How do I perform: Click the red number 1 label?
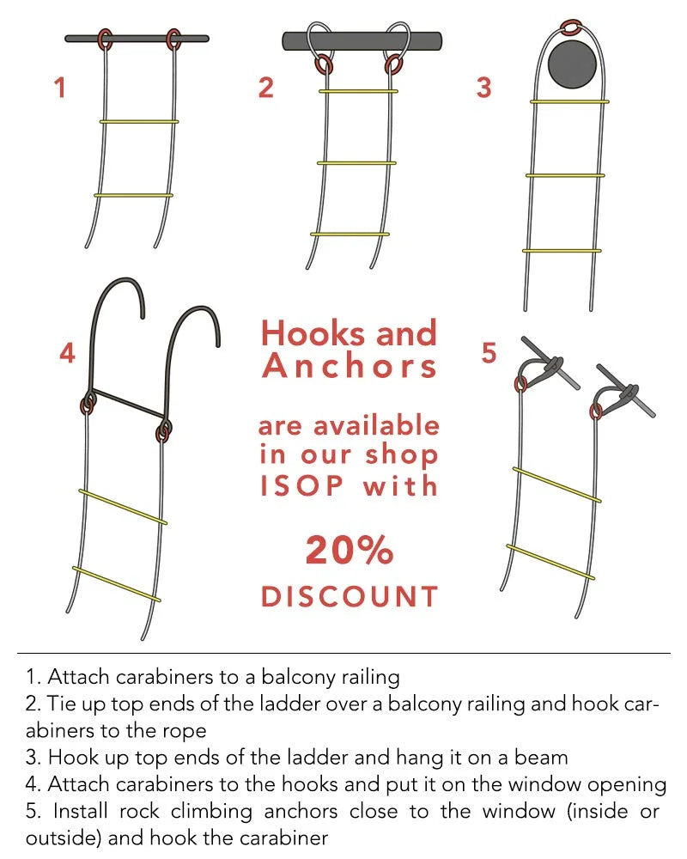(60, 88)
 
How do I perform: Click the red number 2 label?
(265, 88)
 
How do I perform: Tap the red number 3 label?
(483, 88)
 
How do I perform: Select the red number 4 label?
(67, 353)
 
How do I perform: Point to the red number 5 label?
(489, 352)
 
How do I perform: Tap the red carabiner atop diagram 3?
(572, 27)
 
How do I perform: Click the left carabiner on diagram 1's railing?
(105, 40)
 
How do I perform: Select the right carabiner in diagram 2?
(392, 64)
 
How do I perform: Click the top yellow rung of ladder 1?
(138, 122)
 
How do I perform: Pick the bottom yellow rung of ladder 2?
(350, 235)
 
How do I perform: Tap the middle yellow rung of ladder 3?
(565, 175)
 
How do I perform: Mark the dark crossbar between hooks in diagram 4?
(127, 405)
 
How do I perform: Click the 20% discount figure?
(350, 550)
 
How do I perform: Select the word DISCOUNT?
(350, 597)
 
